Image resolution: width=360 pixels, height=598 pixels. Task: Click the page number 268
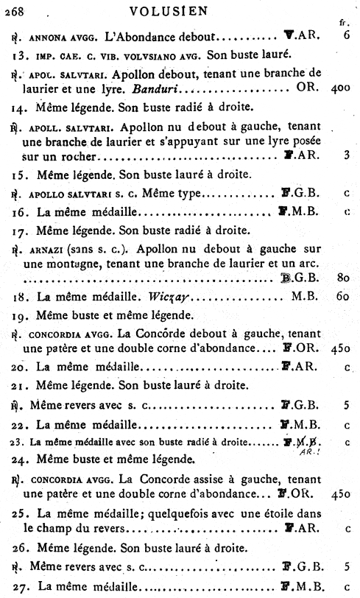[x=15, y=10]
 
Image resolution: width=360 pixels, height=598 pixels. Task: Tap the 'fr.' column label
[x=342, y=23]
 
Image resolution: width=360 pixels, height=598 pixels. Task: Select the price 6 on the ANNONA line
[x=345, y=36]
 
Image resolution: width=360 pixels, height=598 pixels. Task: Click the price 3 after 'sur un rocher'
[x=345, y=155]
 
